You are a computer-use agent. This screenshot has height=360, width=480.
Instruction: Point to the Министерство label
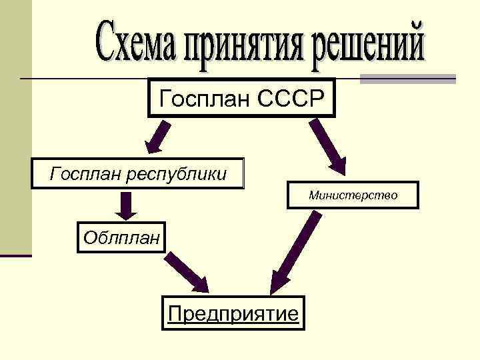tap(353, 195)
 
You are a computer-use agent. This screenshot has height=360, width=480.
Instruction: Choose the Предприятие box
tap(233, 313)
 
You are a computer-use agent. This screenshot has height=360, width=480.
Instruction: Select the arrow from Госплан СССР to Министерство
tap(328, 146)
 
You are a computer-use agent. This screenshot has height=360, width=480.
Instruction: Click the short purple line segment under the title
tap(407, 79)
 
